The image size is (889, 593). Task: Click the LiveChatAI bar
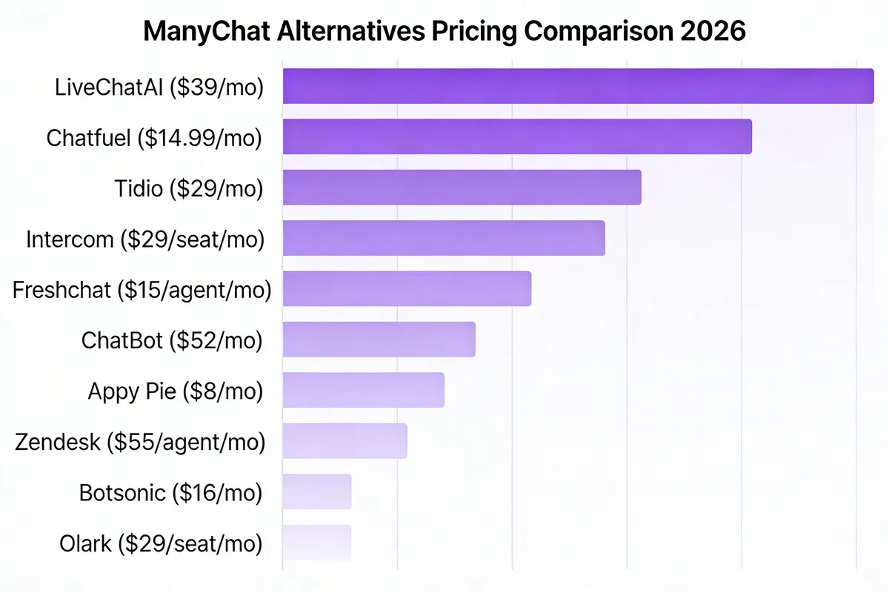[578, 86]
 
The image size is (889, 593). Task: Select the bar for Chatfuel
[517, 136]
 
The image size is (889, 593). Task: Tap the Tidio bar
[462, 187]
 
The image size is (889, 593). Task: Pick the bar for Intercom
[444, 238]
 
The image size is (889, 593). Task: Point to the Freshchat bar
[407, 288]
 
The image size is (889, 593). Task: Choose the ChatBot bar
[379, 339]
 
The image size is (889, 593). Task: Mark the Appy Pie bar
[363, 390]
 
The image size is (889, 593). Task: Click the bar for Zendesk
[344, 441]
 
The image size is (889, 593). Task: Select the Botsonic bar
[316, 491]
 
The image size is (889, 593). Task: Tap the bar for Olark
[316, 543]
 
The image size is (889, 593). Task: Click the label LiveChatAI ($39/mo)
[159, 87]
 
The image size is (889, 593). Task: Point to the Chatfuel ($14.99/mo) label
[154, 138]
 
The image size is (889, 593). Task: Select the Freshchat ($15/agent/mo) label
[141, 290]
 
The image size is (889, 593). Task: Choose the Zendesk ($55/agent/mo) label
[140, 443]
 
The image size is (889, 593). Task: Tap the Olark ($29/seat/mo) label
[161, 544]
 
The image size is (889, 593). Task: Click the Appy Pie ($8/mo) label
[175, 391]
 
